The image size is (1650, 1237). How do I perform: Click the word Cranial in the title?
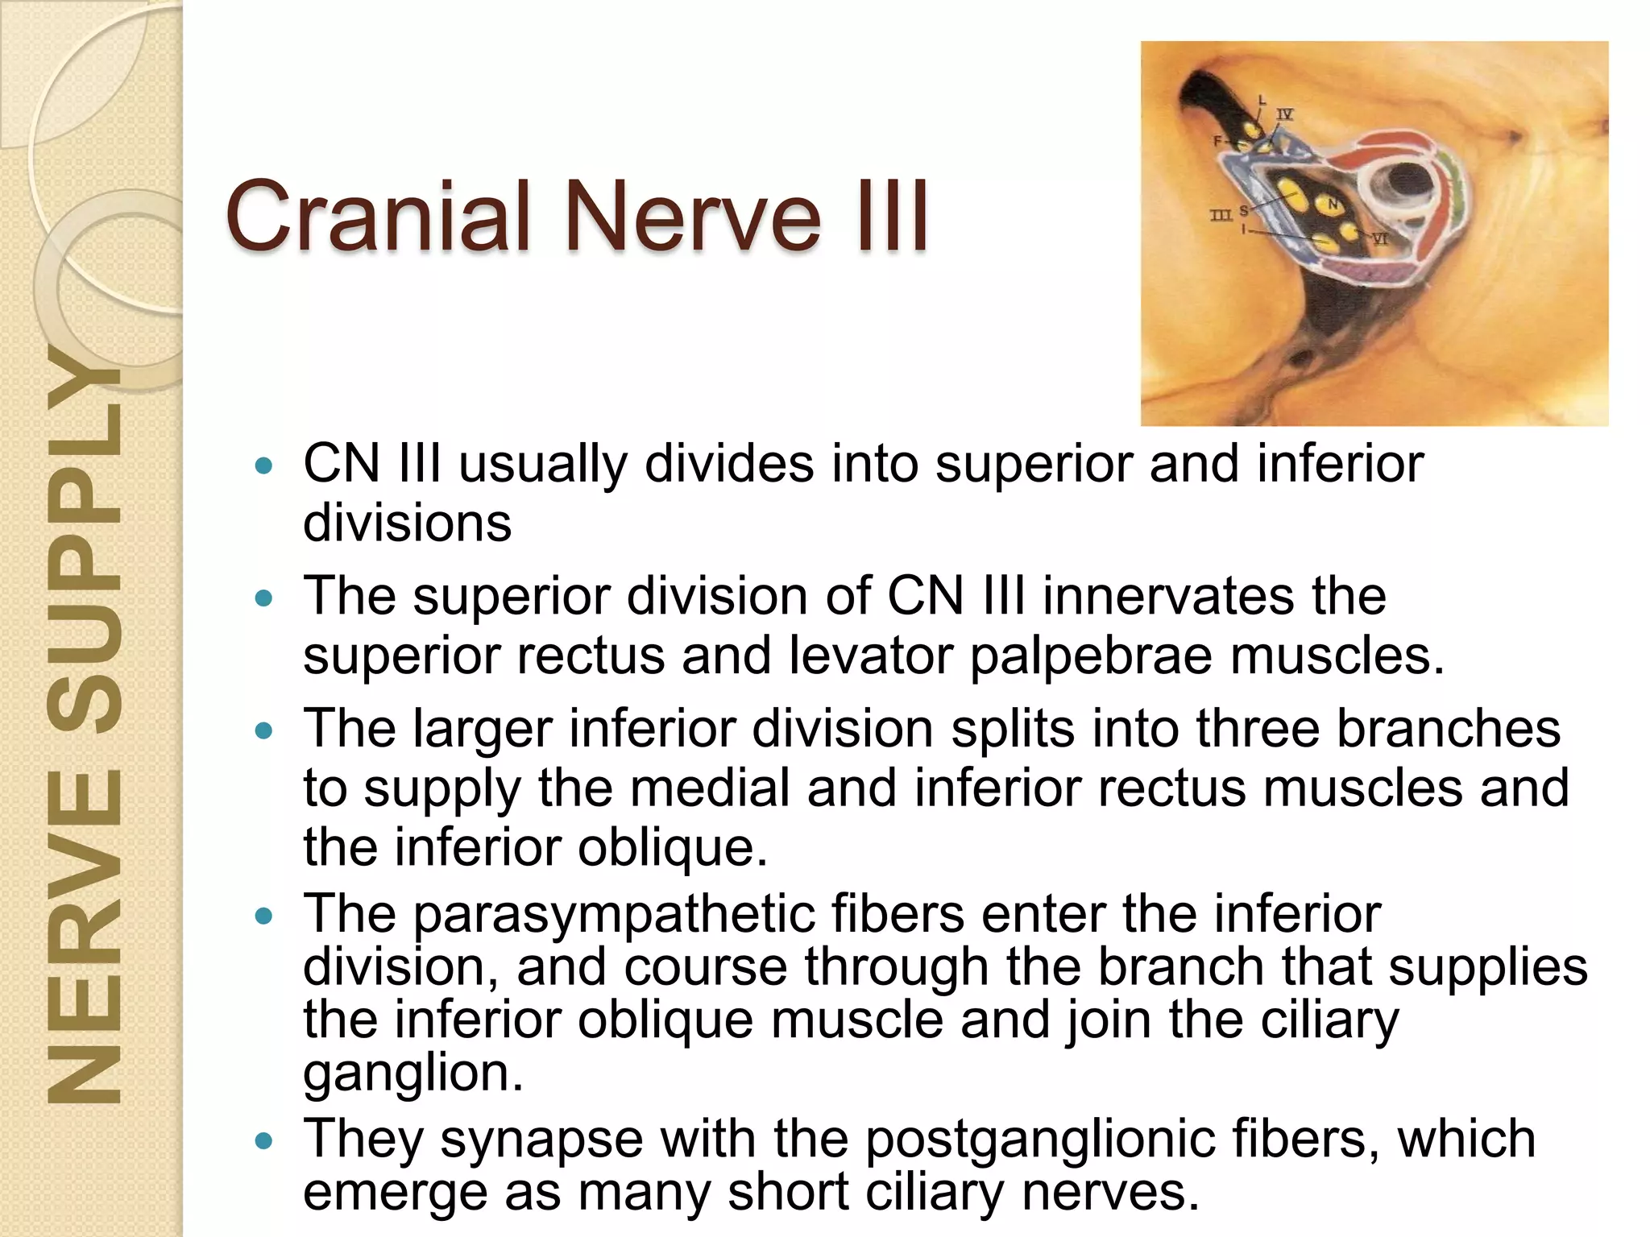click(379, 216)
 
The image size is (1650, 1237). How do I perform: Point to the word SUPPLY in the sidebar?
click(84, 548)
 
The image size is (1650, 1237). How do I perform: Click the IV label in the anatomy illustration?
click(1285, 114)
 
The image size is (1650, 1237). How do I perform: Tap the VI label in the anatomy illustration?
click(1379, 239)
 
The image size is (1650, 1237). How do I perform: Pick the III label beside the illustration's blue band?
click(1221, 215)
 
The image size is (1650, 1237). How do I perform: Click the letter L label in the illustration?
click(1262, 100)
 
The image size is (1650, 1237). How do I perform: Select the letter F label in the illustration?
click(1217, 141)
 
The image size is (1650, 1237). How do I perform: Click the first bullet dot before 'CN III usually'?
click(263, 465)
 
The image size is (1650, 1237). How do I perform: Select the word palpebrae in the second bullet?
click(1091, 656)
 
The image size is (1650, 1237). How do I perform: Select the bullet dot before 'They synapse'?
click(263, 1140)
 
